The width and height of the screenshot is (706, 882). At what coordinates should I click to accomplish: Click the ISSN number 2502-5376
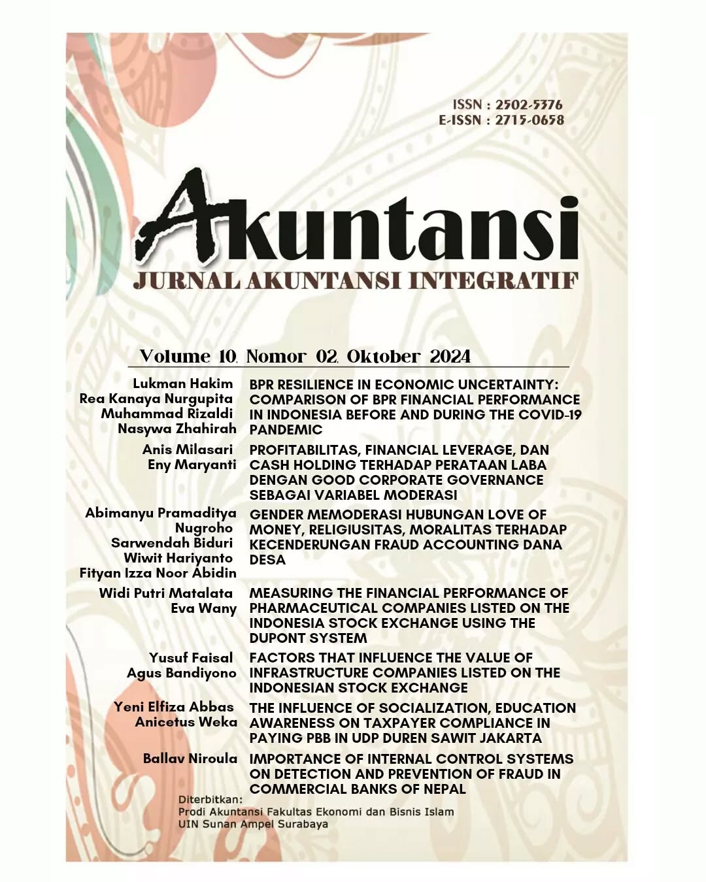pyautogui.click(x=528, y=105)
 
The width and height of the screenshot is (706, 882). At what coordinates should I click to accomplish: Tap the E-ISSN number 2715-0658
pyautogui.click(x=529, y=120)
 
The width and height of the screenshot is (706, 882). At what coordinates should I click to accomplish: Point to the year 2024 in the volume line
pyautogui.click(x=450, y=356)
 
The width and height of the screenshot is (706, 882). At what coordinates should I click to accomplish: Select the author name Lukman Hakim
pyautogui.click(x=183, y=384)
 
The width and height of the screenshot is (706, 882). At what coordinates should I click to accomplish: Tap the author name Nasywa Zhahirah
pyautogui.click(x=177, y=429)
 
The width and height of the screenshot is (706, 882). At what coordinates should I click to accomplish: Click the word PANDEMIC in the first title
pyautogui.click(x=286, y=429)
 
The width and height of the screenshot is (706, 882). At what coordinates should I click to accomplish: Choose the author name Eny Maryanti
pyautogui.click(x=192, y=465)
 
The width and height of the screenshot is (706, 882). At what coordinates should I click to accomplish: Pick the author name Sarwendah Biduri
pyautogui.click(x=172, y=543)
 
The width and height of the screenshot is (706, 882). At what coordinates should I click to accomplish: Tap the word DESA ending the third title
pyautogui.click(x=267, y=559)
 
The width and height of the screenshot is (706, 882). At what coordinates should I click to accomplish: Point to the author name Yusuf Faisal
pyautogui.click(x=191, y=658)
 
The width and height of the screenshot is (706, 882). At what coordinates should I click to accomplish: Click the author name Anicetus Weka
pyautogui.click(x=186, y=722)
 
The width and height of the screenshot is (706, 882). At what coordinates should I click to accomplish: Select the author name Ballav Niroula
pyautogui.click(x=190, y=759)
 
